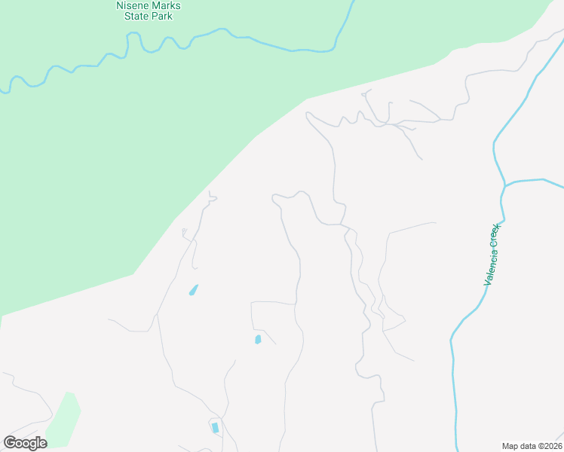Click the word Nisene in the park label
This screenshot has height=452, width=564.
[133, 5]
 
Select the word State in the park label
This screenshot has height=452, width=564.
[138, 16]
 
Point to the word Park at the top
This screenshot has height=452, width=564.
[161, 16]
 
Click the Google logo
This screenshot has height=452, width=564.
[25, 443]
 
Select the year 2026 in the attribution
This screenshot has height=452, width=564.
[550, 446]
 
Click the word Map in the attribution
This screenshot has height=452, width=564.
[510, 446]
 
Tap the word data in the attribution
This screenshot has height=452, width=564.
[529, 446]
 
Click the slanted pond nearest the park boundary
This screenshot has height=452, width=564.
[194, 289]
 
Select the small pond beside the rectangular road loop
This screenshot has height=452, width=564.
[258, 340]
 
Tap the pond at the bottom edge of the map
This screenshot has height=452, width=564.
[215, 428]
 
